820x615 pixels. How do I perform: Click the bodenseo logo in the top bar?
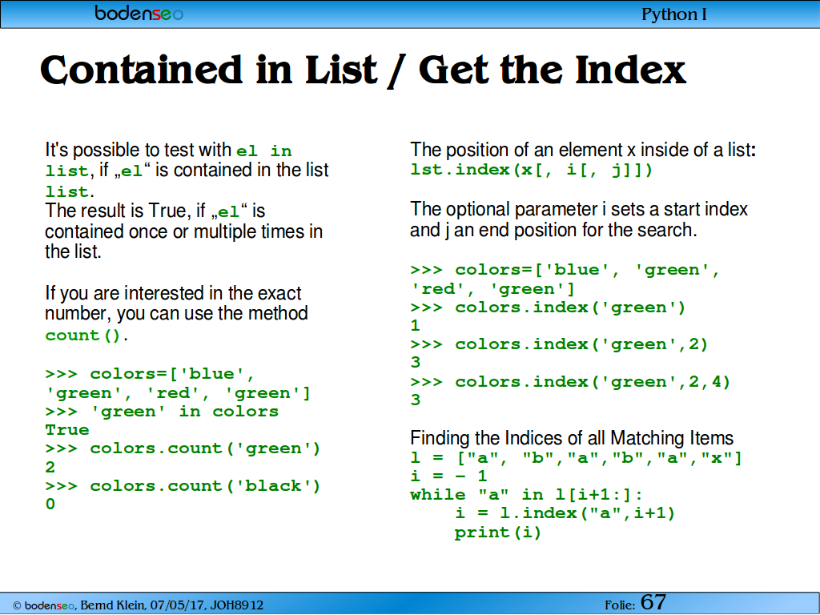139,13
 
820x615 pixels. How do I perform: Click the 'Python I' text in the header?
674,14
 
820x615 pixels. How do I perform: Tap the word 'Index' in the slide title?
630,70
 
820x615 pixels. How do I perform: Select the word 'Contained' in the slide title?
141,70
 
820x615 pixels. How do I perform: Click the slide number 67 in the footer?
653,602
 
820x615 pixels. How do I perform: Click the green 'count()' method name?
83,336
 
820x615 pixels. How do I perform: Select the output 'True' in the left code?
67,430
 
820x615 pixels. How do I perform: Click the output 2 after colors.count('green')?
50,467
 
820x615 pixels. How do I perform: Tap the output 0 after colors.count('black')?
50,504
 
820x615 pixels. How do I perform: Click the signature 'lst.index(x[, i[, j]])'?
532,170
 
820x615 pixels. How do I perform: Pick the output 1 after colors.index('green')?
416,326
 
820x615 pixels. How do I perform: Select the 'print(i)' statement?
498,533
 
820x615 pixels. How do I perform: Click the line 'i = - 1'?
448,476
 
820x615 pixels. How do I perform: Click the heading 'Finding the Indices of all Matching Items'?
572,438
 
